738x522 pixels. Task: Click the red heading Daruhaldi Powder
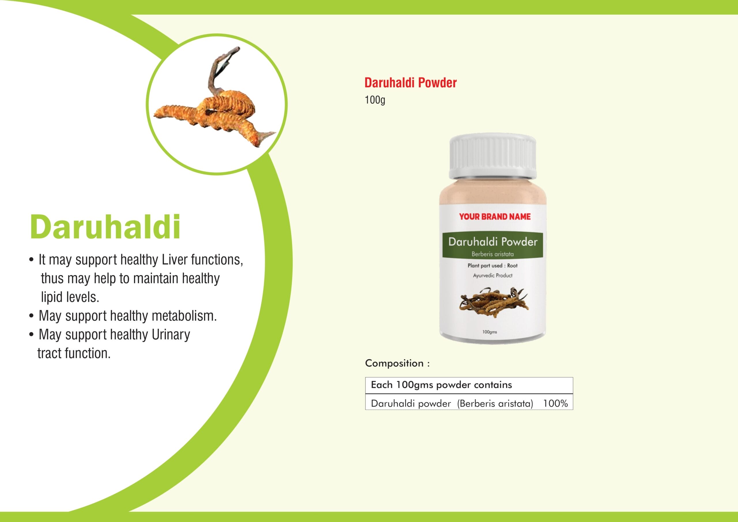(411, 83)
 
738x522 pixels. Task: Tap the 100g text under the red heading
(375, 100)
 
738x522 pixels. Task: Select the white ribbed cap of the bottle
(493, 157)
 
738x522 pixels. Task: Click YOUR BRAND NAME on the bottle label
(495, 217)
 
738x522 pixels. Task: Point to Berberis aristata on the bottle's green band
(492, 254)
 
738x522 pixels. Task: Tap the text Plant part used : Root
(492, 265)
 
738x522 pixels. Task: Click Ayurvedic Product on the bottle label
(492, 276)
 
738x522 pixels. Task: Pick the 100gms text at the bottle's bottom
(490, 332)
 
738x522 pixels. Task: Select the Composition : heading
(397, 363)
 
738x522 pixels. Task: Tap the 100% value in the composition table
(556, 404)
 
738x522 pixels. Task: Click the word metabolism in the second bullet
(184, 316)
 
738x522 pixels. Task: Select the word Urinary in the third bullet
(171, 335)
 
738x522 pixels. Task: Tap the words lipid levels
(70, 297)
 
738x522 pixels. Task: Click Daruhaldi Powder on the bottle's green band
(493, 242)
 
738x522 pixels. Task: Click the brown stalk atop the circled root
(222, 69)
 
